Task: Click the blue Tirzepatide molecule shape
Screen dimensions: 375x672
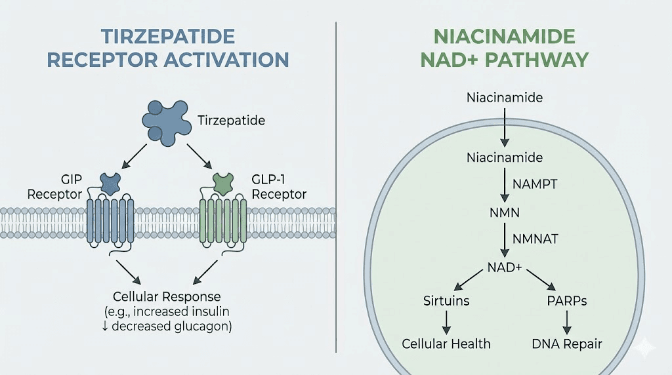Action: coord(165,121)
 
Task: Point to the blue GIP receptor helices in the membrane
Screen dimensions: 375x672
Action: coord(111,224)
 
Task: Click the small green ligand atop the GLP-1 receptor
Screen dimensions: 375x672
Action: coord(223,184)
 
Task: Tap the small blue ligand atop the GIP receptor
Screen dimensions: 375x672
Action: coord(110,184)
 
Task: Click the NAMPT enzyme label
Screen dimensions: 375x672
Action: coord(535,184)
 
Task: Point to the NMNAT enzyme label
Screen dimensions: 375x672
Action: coord(535,239)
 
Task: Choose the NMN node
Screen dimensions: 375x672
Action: coord(504,212)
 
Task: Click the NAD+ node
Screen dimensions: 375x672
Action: coord(504,267)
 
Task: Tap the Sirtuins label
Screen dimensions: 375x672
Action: coord(446,301)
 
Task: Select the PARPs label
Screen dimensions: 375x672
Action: coord(566,301)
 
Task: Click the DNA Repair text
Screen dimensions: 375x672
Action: coord(566,344)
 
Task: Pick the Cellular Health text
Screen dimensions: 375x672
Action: coord(446,344)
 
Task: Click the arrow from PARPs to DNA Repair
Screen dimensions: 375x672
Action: coord(566,322)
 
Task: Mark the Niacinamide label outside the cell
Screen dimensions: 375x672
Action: coord(504,98)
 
